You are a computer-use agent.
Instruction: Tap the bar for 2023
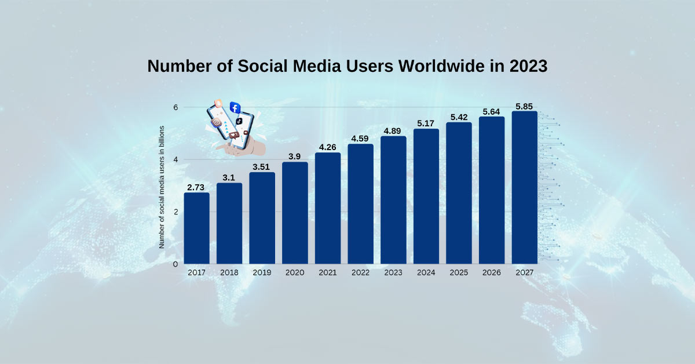[393, 200]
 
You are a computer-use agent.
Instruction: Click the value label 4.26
[328, 147]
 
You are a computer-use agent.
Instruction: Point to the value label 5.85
[524, 106]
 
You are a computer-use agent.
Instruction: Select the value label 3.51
[262, 167]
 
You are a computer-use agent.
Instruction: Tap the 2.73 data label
[196, 187]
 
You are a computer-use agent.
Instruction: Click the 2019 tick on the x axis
[262, 272]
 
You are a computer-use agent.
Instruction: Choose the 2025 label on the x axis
[459, 272]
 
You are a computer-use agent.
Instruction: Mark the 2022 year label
[360, 272]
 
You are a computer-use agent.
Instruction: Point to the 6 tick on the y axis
[174, 107]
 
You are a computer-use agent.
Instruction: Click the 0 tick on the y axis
[174, 264]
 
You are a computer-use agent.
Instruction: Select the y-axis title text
[162, 187]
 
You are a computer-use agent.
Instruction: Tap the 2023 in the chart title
[528, 66]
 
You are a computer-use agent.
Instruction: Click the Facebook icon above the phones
[235, 107]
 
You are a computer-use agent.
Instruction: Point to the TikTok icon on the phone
[239, 121]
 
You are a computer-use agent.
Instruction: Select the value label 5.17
[426, 123]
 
